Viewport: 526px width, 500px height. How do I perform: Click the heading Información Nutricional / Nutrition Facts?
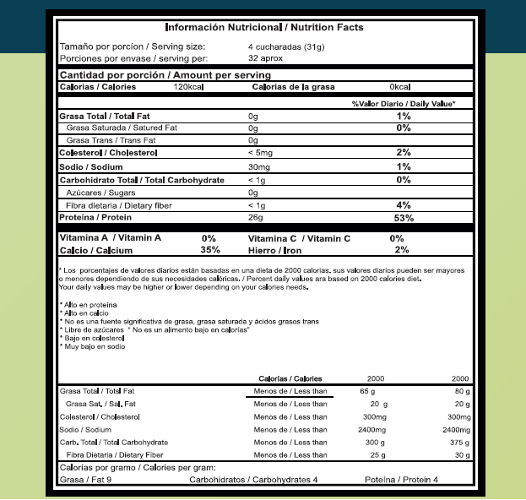click(x=264, y=27)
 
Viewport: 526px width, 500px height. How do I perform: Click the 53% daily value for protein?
click(x=404, y=218)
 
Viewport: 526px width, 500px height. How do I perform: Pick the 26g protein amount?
click(x=256, y=218)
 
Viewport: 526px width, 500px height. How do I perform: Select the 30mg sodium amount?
click(x=258, y=167)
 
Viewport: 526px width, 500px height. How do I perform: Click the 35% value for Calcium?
click(x=209, y=250)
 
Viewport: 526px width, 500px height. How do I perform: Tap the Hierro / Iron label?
click(x=275, y=250)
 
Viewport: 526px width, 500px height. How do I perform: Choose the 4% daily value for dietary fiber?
click(x=404, y=205)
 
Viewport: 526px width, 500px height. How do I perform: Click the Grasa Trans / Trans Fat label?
click(x=111, y=140)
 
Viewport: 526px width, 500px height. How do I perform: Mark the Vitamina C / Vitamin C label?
click(x=300, y=238)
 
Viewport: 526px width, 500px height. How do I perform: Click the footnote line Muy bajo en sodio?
click(x=93, y=346)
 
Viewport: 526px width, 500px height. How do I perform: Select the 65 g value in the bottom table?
click(x=367, y=391)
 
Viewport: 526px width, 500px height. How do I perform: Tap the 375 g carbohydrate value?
click(x=459, y=442)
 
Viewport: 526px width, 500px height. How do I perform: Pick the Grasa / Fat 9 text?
click(x=87, y=480)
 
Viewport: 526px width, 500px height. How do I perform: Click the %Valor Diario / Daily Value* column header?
click(x=404, y=103)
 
